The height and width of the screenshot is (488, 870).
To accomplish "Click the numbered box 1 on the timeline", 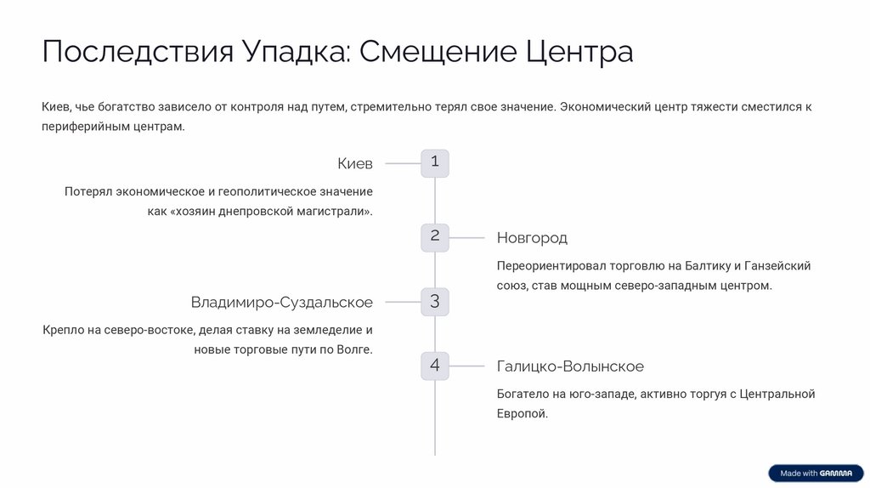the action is click(x=435, y=162).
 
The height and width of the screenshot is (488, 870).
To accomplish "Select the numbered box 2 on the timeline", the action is click(x=435, y=236).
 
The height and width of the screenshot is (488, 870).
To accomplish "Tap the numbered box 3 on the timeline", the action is click(x=435, y=301).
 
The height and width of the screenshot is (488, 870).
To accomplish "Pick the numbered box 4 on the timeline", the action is click(x=435, y=366).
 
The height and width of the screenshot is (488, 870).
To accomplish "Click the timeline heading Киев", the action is click(x=355, y=163).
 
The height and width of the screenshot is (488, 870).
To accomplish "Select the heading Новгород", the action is click(x=532, y=238).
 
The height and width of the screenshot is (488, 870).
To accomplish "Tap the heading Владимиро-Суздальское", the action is click(x=281, y=303).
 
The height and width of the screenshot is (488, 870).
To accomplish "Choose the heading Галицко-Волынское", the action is click(x=570, y=366).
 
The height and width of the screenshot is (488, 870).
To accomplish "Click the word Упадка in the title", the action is click(x=295, y=52).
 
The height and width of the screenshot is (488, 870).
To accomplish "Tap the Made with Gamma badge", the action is click(x=816, y=474).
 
